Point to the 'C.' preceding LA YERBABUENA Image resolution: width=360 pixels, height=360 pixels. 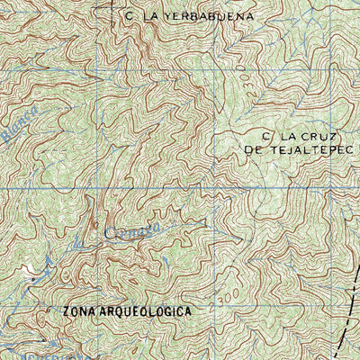(x=130, y=16)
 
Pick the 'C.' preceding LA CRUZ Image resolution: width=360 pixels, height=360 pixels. (x=266, y=136)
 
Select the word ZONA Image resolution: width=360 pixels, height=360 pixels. (x=81, y=311)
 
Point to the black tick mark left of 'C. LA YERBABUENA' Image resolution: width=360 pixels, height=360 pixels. (x=113, y=11)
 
